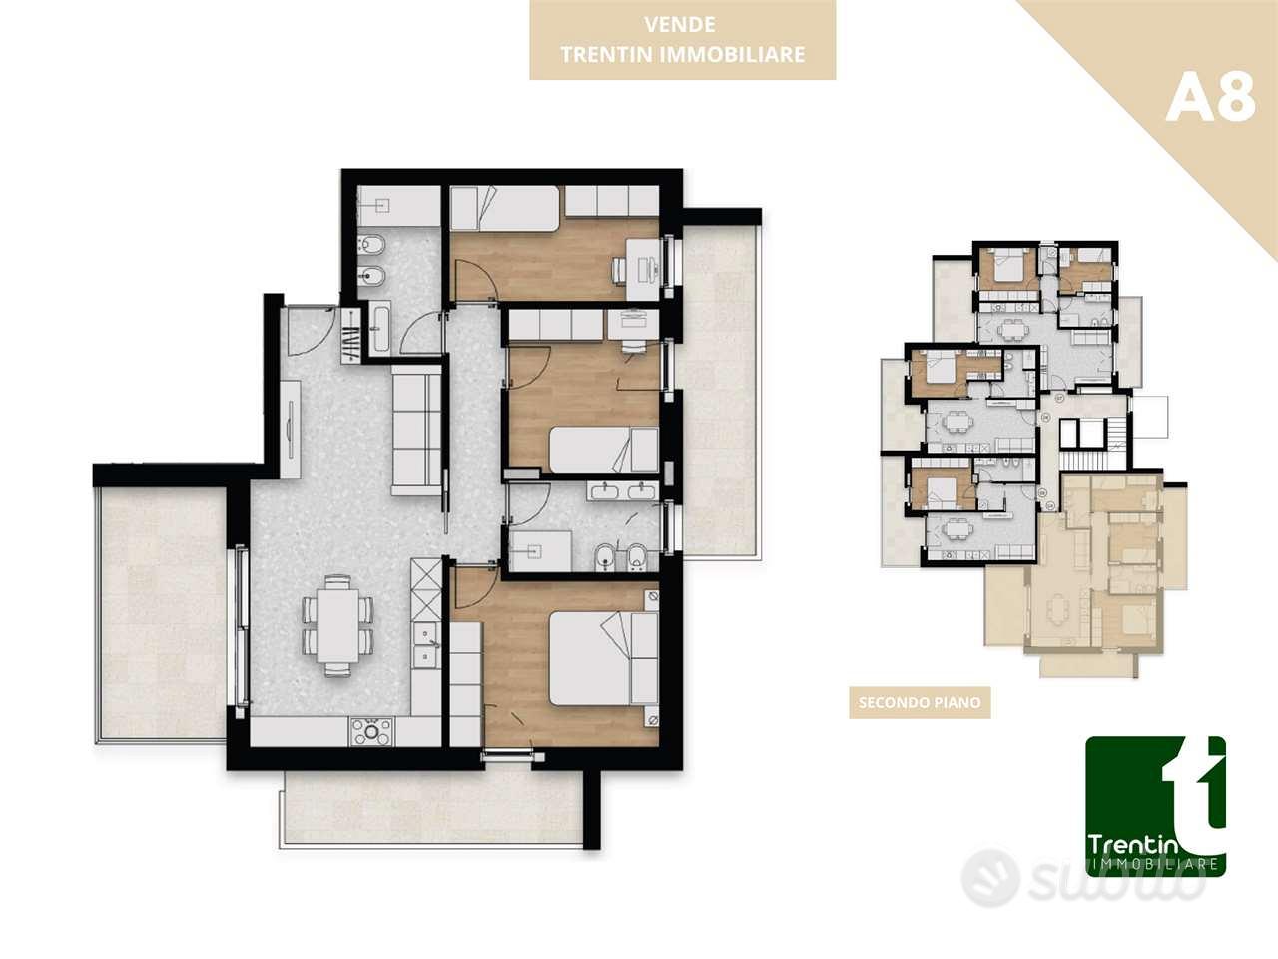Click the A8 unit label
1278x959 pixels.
point(1210,99)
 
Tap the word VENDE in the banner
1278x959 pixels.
point(680,24)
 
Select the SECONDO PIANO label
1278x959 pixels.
point(920,703)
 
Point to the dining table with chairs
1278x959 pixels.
point(337,626)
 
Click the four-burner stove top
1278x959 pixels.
point(371,732)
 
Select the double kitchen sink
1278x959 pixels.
point(425,644)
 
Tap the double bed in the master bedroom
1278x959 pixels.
point(604,658)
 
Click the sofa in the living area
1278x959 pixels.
point(415,430)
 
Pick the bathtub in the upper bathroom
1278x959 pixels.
point(380,329)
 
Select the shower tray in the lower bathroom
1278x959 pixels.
point(540,550)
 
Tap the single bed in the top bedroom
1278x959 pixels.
point(505,208)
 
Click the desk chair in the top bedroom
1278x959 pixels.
point(618,270)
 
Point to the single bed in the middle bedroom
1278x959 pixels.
point(604,450)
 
